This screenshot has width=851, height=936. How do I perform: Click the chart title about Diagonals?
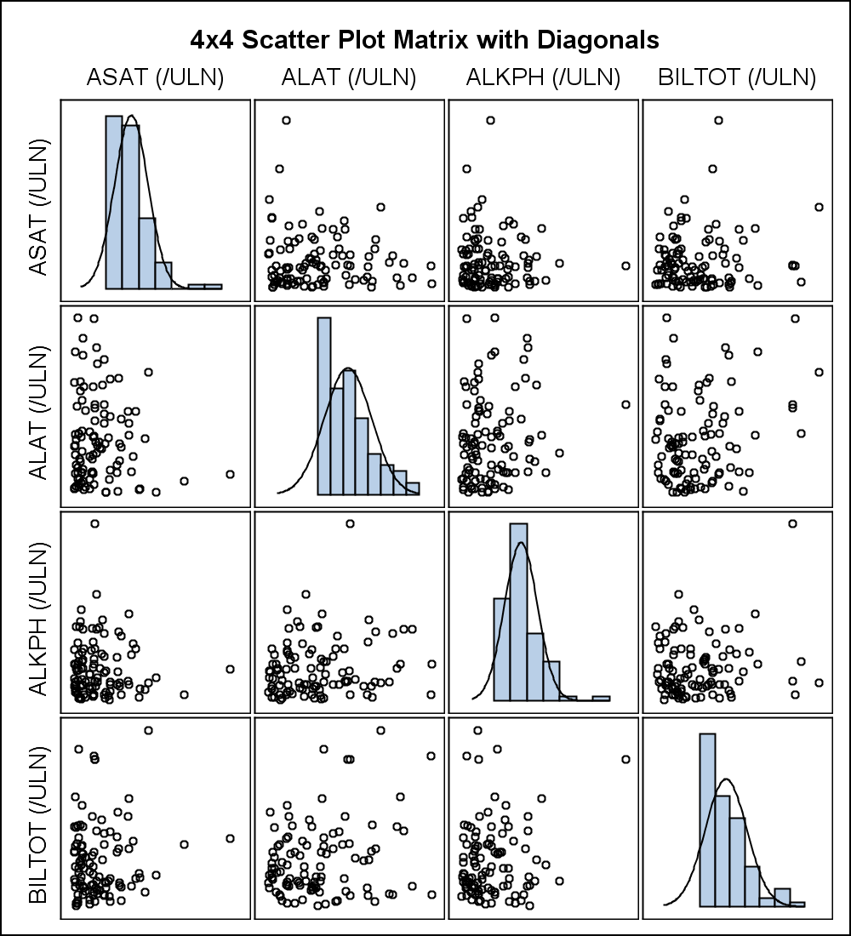pyautogui.click(x=425, y=40)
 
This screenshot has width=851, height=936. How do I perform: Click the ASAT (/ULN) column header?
pyautogui.click(x=155, y=78)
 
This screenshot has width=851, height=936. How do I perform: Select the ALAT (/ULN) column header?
pyautogui.click(x=349, y=78)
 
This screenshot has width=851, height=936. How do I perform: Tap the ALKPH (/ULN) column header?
pyautogui.click(x=543, y=78)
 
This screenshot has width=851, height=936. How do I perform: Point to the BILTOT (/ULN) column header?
pyautogui.click(x=737, y=78)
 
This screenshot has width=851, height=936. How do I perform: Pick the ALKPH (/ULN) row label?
pyautogui.click(x=39, y=612)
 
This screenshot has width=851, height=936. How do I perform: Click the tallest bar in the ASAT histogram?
pyautogui.click(x=114, y=203)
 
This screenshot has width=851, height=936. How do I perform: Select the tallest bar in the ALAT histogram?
pyautogui.click(x=323, y=406)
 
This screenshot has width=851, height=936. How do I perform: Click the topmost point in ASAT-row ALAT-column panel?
pyautogui.click(x=286, y=120)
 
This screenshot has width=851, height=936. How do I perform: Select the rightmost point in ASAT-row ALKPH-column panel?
pyautogui.click(x=625, y=265)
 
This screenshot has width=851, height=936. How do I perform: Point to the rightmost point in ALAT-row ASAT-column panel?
pyautogui.click(x=230, y=474)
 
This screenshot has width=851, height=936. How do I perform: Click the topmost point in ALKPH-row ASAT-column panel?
pyautogui.click(x=94, y=523)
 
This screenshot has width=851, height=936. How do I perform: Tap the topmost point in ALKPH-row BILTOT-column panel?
pyautogui.click(x=792, y=523)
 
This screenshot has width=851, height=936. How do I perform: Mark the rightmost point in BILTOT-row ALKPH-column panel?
pyautogui.click(x=625, y=759)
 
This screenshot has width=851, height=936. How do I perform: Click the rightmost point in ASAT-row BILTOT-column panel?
pyautogui.click(x=819, y=207)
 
